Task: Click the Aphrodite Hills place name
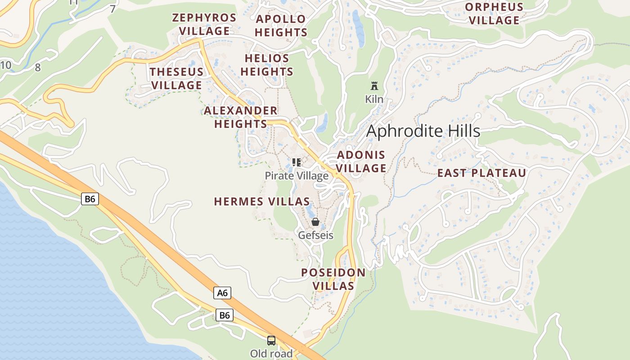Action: [x=423, y=131]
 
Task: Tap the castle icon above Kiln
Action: [x=374, y=86]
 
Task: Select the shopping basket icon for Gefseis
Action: [x=315, y=222]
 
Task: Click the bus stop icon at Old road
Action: [x=271, y=340]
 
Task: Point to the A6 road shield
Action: [x=222, y=293]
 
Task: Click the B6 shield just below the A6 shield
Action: [x=224, y=315]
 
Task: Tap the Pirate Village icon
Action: [x=296, y=162]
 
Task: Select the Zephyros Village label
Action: [x=204, y=24]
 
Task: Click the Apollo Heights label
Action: [x=281, y=26]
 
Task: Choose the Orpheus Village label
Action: [x=494, y=13]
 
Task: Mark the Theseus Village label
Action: [x=176, y=78]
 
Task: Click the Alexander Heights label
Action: [x=241, y=117]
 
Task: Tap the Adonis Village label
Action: [x=361, y=162]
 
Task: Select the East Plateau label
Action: [x=481, y=173]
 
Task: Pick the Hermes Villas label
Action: [x=262, y=202]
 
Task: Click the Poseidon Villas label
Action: [x=333, y=279]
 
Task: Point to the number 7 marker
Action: [x=112, y=9]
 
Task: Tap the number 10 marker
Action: [x=6, y=65]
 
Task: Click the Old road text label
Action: [x=271, y=354]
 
